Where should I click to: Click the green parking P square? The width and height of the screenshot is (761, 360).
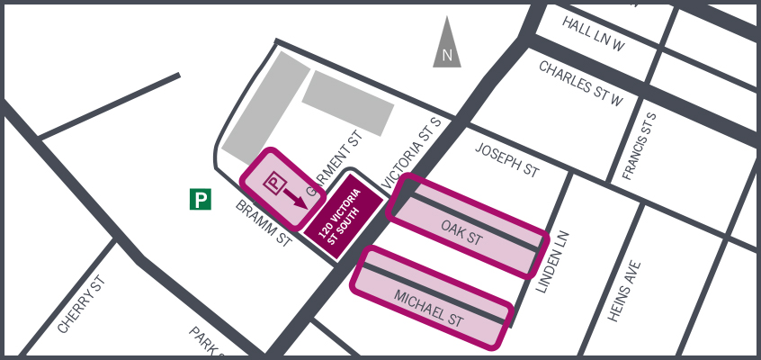(201, 199)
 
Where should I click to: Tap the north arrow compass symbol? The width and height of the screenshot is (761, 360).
(447, 45)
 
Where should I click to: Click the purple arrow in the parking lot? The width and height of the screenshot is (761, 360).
(293, 197)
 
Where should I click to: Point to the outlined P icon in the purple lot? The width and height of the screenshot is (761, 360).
(273, 183)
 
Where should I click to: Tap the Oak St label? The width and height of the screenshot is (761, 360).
(462, 233)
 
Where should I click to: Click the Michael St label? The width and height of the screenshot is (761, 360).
(429, 307)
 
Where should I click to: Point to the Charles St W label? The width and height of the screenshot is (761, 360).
(580, 83)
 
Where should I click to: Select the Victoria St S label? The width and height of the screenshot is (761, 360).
(414, 152)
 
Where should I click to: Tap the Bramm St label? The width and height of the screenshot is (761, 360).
(264, 223)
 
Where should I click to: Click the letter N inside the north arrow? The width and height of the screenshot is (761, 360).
(447, 55)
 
